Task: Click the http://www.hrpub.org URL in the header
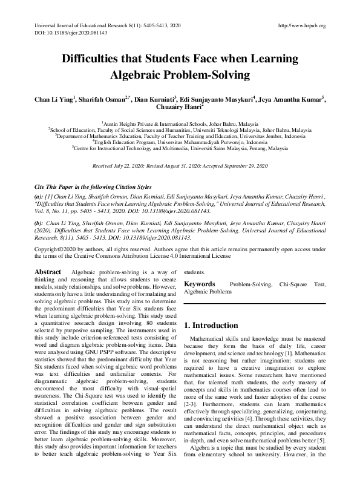(x=301, y=25)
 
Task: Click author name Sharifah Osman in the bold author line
(x=105, y=100)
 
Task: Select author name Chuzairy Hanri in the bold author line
(x=179, y=108)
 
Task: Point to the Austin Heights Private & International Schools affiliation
(x=179, y=122)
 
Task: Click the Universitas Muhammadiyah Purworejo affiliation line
(x=179, y=142)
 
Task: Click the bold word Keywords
(x=199, y=283)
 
